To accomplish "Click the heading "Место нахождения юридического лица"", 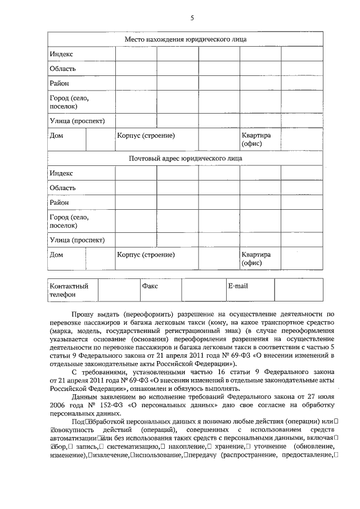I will coord(185,39).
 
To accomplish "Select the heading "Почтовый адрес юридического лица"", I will coord(185,158).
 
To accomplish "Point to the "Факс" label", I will coord(150,286).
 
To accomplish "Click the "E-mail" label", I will coord(237,286).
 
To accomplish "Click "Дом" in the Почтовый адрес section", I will coord(56,254).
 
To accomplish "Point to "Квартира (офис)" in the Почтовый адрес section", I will coord(256,258).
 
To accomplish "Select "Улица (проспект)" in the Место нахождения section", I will coord(77,120).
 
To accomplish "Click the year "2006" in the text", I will coord(57,404).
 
